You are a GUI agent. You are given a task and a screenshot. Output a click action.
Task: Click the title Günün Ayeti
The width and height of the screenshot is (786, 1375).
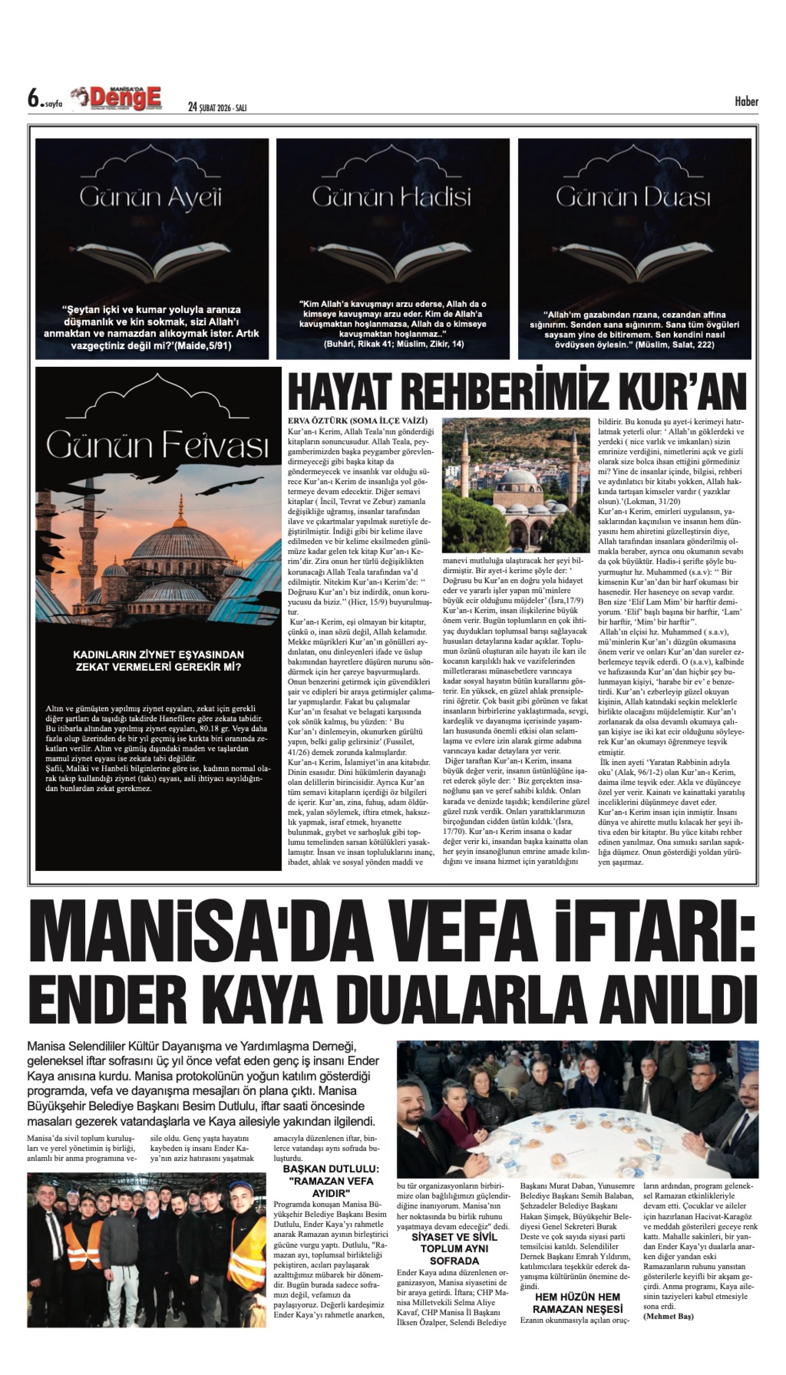tap(151, 198)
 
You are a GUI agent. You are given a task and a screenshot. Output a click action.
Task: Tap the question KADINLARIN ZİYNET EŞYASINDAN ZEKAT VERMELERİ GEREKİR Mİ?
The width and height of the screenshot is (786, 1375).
tap(158, 660)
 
